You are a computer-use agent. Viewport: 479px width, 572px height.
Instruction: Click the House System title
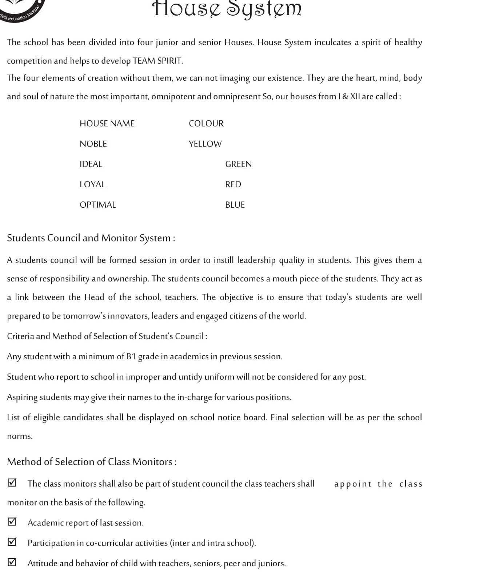click(x=227, y=9)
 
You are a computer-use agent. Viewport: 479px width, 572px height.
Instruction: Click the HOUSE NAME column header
click(x=107, y=124)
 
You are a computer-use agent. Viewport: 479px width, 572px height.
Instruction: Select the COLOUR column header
click(x=206, y=124)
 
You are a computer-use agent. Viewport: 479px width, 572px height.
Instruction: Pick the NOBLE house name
click(x=93, y=144)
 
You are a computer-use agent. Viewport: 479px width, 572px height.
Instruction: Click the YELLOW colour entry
click(x=205, y=144)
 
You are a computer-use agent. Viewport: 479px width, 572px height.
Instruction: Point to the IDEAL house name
click(x=91, y=164)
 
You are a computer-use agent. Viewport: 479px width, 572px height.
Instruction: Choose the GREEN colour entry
click(x=238, y=164)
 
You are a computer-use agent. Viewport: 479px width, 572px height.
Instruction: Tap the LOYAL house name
click(x=92, y=184)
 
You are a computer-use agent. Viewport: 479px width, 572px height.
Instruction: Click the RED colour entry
click(x=233, y=184)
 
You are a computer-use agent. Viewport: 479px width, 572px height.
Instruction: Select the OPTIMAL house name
click(x=98, y=205)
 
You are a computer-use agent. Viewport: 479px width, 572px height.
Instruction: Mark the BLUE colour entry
click(x=235, y=205)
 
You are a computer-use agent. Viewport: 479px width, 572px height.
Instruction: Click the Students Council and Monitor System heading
click(x=91, y=238)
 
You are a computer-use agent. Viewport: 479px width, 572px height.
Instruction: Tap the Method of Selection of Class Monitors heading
click(x=92, y=462)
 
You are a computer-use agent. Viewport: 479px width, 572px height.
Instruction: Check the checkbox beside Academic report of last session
click(x=12, y=522)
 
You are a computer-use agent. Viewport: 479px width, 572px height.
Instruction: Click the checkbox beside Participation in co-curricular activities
click(x=12, y=542)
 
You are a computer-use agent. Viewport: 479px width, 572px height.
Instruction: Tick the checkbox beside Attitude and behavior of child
click(x=12, y=562)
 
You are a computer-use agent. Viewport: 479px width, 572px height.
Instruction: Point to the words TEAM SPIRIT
click(x=157, y=61)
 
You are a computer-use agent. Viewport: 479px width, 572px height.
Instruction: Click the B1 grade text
click(x=131, y=356)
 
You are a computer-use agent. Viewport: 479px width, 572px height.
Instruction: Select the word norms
click(x=20, y=436)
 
